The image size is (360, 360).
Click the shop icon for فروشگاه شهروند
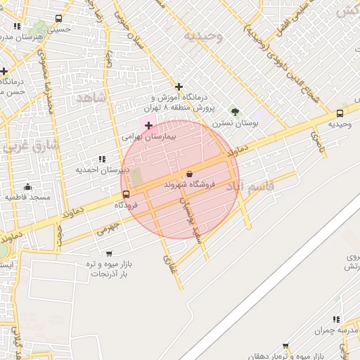189,174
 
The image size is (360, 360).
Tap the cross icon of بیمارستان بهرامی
148,125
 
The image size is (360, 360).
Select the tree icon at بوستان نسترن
235,111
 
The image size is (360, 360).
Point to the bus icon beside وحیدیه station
340,112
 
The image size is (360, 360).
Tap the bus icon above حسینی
58,19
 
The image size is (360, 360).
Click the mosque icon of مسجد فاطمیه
27,186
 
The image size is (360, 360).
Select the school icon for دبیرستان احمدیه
103,160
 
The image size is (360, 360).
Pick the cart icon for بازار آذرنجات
108,253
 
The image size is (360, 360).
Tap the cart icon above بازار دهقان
285,346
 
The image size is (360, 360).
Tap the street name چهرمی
109,227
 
